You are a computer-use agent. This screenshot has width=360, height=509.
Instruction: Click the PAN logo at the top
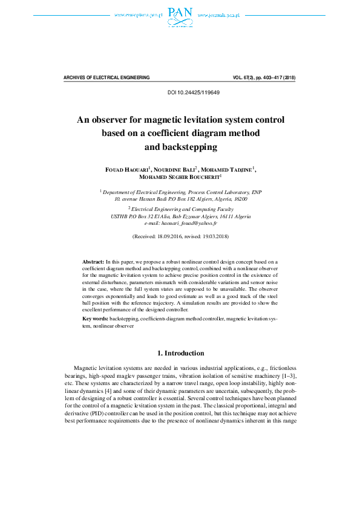[x=180, y=16]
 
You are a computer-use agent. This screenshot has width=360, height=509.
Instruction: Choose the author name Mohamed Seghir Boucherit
[x=178, y=178]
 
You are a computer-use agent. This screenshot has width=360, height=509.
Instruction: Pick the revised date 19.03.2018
[x=213, y=236]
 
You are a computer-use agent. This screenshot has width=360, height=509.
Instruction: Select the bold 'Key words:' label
[x=96, y=318]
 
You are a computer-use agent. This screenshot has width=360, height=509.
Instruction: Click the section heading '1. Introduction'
[x=180, y=353]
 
